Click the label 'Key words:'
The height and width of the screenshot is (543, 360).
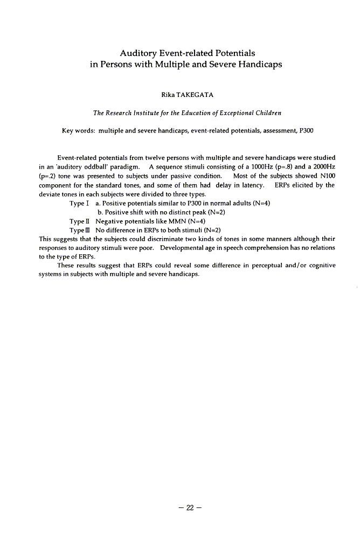pyautogui.click(x=79, y=131)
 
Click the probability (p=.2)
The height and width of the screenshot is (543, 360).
pyautogui.click(x=49, y=176)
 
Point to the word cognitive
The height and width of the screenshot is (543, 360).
pyautogui.click(x=320, y=266)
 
